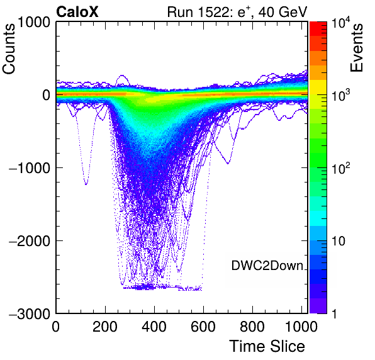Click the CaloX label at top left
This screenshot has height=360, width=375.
click(77, 12)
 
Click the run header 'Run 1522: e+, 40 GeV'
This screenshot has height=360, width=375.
click(237, 12)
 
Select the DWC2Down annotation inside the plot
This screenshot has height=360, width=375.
click(267, 266)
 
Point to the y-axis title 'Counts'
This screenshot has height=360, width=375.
click(9, 49)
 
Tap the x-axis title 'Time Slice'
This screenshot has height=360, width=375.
click(267, 346)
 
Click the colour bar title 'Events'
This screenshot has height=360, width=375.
click(356, 48)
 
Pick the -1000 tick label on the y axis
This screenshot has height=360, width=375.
click(30, 168)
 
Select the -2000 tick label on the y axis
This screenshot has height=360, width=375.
click(30, 241)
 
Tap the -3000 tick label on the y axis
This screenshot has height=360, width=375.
click(30, 313)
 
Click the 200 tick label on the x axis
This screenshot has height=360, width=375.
click(105, 326)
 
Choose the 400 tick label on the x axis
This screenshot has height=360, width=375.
click(154, 326)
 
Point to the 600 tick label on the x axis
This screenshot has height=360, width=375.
click(203, 326)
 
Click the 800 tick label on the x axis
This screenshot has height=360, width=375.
click(252, 326)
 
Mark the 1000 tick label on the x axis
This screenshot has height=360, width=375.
click(301, 326)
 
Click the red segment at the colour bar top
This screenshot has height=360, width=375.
click(318, 29)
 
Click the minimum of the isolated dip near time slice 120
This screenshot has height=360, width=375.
click(86, 184)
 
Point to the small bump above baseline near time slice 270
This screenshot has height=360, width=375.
click(122, 76)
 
